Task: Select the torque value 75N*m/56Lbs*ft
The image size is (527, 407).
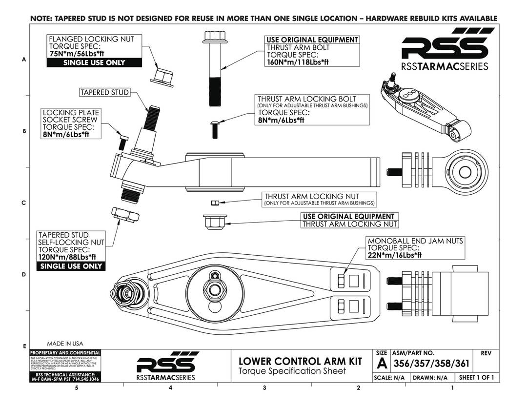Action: click(x=80, y=54)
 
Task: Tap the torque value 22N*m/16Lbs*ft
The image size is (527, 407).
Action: click(x=394, y=254)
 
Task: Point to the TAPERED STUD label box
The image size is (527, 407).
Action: click(x=105, y=92)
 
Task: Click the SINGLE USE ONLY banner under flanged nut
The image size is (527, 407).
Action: click(x=94, y=62)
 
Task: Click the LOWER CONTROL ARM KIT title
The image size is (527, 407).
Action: click(x=300, y=361)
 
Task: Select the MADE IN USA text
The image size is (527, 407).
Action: click(x=65, y=343)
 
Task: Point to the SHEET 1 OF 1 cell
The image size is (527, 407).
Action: click(x=476, y=378)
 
